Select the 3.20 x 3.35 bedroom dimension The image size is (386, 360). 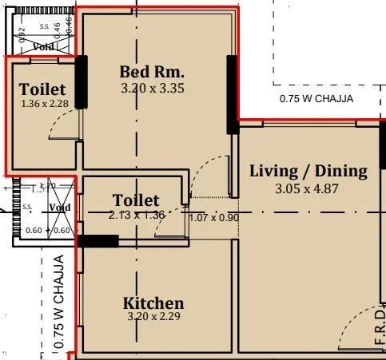click(x=152, y=89)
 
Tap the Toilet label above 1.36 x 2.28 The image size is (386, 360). click(x=42, y=89)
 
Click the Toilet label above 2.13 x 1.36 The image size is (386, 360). click(x=136, y=200)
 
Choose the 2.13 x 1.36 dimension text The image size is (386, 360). click(x=136, y=215)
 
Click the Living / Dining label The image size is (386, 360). click(x=308, y=171)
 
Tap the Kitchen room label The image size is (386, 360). click(x=153, y=303)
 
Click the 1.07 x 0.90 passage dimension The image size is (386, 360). click(x=214, y=217)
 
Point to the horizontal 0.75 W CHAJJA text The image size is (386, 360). click(x=316, y=100)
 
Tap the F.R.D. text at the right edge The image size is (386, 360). click(x=380, y=331)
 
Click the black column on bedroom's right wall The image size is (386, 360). click(x=233, y=93)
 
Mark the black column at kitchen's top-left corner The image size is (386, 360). click(x=97, y=240)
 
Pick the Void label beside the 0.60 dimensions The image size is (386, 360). click(x=60, y=208)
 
